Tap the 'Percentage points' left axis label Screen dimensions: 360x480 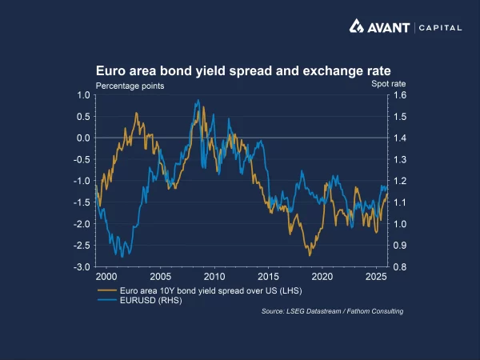pos(130,85)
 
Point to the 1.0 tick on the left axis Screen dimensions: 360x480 pos(83,95)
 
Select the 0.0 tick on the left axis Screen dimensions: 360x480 pos(83,138)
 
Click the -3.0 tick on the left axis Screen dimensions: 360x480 pos(82,266)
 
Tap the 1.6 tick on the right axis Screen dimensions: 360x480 pos(401,95)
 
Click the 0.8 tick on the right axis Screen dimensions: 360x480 pos(401,266)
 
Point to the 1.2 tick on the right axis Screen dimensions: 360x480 pos(401,181)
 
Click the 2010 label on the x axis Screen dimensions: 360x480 pos(214,276)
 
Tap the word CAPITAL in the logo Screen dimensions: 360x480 pos(440,27)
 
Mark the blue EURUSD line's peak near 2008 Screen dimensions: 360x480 pos(197,100)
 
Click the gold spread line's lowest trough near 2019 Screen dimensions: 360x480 pos(308,254)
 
